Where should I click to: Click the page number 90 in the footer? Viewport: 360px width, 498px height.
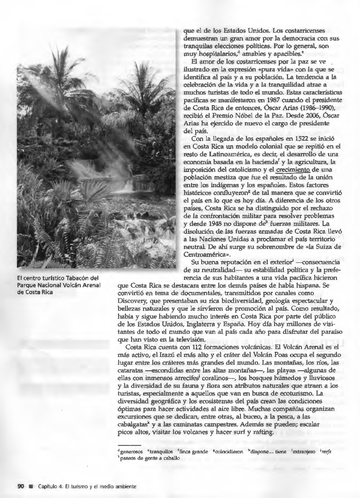[20, 486]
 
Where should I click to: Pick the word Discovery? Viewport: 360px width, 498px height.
[134, 298]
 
